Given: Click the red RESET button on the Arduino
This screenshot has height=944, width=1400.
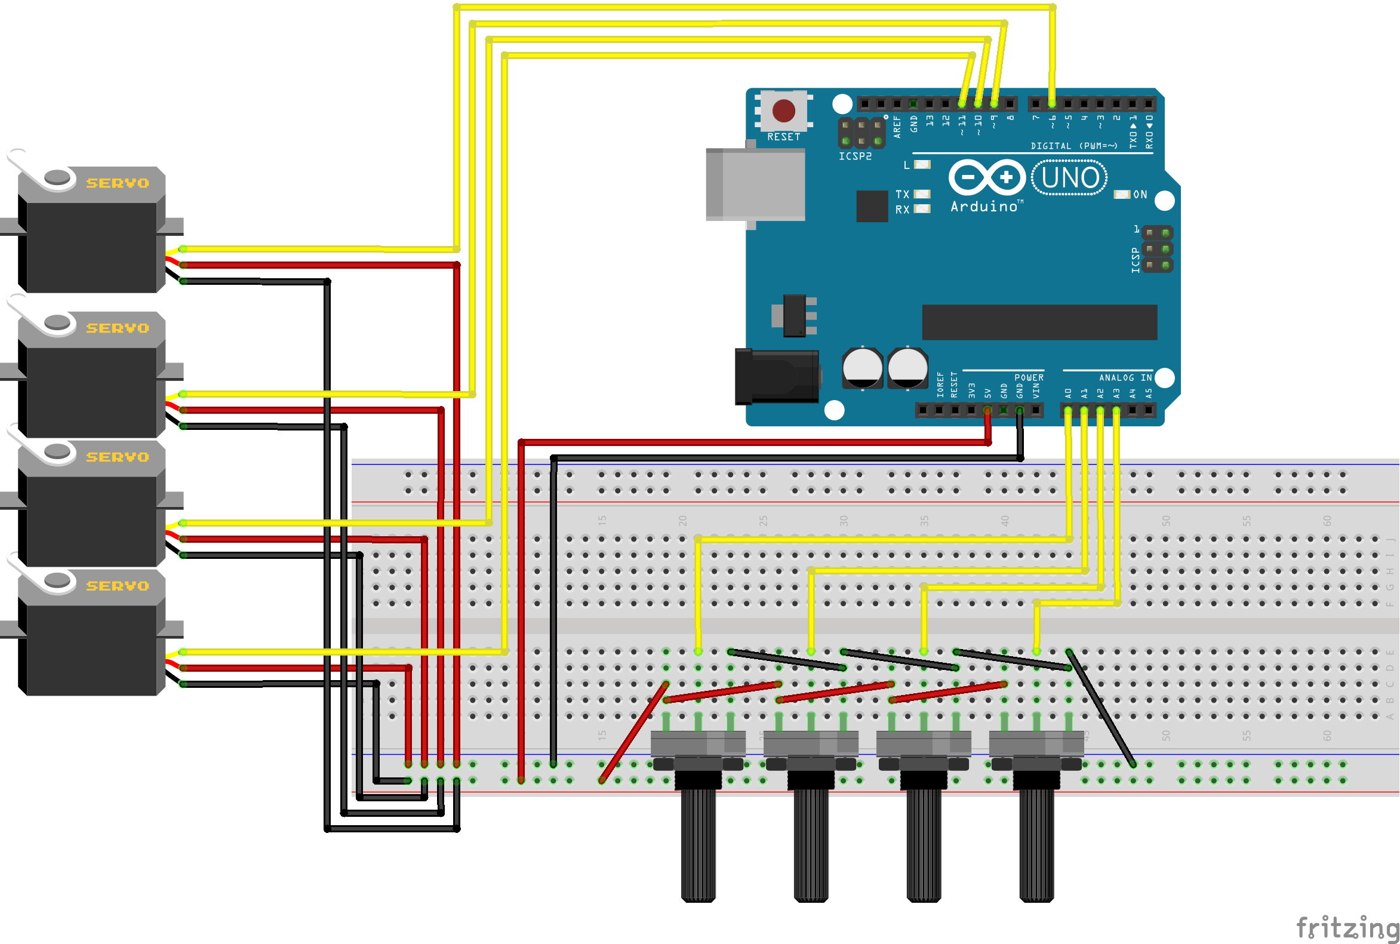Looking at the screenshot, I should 784,111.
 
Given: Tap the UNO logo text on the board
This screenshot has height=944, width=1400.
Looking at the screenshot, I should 1070,178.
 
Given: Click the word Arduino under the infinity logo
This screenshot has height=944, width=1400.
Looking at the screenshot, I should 984,207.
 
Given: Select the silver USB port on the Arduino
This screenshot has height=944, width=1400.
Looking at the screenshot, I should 756,185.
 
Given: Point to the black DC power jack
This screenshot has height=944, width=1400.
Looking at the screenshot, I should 777,377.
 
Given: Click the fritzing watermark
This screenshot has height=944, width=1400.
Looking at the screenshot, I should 1347,927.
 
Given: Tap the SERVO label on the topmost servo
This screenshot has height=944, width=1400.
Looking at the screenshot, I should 118,183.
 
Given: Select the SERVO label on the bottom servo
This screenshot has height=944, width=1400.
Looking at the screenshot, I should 118,586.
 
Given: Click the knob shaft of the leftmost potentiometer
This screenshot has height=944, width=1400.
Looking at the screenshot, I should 698,843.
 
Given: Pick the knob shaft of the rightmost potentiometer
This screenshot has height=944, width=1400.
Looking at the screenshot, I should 1036,843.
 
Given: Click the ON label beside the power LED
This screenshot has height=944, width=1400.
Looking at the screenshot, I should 1140,195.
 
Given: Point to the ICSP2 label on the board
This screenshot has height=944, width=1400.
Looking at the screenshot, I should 856,156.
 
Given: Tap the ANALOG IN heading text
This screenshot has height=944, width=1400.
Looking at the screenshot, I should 1125,378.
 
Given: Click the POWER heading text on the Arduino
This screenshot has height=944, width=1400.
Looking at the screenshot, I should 1029,378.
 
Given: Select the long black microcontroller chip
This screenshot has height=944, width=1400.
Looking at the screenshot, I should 1039,322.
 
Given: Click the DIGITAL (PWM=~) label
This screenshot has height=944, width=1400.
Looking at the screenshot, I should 1074,146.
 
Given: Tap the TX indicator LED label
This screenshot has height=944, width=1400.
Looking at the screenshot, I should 902,195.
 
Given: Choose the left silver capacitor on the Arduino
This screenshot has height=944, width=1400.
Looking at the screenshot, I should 863,367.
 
